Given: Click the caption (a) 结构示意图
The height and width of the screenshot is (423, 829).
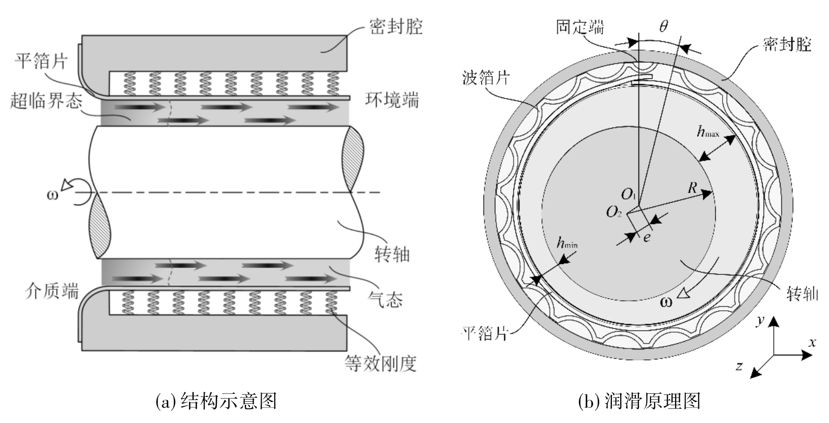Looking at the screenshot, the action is click(217, 401).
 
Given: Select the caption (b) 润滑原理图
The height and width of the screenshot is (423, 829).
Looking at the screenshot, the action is click(639, 401).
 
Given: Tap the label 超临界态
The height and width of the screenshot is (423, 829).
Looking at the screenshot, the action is click(46, 101).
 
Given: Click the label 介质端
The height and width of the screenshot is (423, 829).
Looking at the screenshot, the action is click(52, 292).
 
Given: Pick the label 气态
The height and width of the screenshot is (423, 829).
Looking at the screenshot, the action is click(385, 299).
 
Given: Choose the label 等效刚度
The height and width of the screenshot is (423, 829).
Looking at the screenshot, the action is click(381, 363).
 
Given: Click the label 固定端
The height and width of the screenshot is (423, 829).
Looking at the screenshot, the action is click(580, 27).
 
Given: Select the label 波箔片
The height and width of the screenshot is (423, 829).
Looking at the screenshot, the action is click(486, 78).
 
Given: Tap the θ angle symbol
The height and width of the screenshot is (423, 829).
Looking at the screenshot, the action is click(664, 26).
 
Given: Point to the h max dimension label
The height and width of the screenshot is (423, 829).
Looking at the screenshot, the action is click(707, 131).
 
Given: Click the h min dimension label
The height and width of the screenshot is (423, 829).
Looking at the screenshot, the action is click(567, 243).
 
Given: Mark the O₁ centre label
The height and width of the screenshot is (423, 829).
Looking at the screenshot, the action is click(628, 194).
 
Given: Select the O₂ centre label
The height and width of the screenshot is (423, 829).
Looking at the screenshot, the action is click(613, 212).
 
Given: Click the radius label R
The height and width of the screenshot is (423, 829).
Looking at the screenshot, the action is click(692, 188).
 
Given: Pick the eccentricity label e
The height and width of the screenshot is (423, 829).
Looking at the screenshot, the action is click(646, 238).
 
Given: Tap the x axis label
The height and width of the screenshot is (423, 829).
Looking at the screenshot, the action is click(812, 342).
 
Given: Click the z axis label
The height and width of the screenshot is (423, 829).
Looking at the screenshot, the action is click(739, 366).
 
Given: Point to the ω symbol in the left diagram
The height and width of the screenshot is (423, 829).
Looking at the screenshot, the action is click(53, 195).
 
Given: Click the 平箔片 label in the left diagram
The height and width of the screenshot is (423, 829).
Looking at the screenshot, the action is click(41, 61).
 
